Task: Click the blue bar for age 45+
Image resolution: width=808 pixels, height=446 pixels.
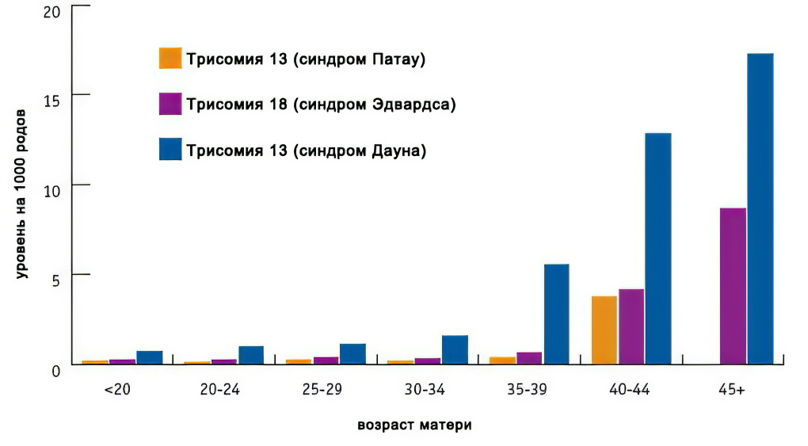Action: click(760, 209)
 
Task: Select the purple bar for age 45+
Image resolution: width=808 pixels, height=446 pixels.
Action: click(732, 286)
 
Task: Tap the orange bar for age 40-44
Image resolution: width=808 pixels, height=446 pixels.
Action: click(604, 330)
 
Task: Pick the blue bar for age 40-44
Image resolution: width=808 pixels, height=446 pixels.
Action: click(657, 249)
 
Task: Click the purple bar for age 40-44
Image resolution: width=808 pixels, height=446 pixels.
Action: click(631, 326)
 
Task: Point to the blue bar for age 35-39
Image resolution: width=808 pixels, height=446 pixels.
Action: click(556, 314)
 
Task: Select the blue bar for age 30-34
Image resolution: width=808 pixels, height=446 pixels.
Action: click(455, 349)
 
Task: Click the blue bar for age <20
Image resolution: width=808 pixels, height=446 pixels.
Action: click(149, 357)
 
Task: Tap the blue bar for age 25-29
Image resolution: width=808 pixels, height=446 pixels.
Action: click(353, 353)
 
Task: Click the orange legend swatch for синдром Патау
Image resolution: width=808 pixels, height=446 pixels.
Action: click(170, 59)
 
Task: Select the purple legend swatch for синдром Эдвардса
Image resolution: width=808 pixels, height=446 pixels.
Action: click(170, 104)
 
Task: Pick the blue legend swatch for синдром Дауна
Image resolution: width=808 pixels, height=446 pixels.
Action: click(170, 150)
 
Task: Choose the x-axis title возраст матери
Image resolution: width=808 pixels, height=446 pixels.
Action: click(414, 425)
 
